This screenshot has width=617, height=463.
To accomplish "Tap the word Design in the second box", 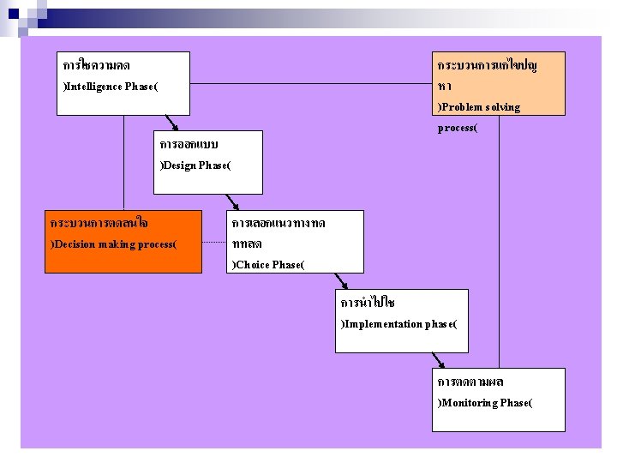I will click(181, 165).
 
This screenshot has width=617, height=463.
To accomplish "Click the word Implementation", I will click(383, 324).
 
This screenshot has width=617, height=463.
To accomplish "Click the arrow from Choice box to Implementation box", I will click(342, 281).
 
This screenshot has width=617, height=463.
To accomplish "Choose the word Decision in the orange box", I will click(75, 244).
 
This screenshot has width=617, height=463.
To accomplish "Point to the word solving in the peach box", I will click(502, 107).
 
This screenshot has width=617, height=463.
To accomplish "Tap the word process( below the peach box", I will click(457, 129).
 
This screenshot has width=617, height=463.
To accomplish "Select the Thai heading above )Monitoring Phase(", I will click(470, 382).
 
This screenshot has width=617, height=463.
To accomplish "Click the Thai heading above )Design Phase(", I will click(189, 143).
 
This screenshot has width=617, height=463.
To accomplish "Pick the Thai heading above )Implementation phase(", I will click(368, 303).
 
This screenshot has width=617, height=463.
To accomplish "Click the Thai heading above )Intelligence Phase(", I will click(97, 65).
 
